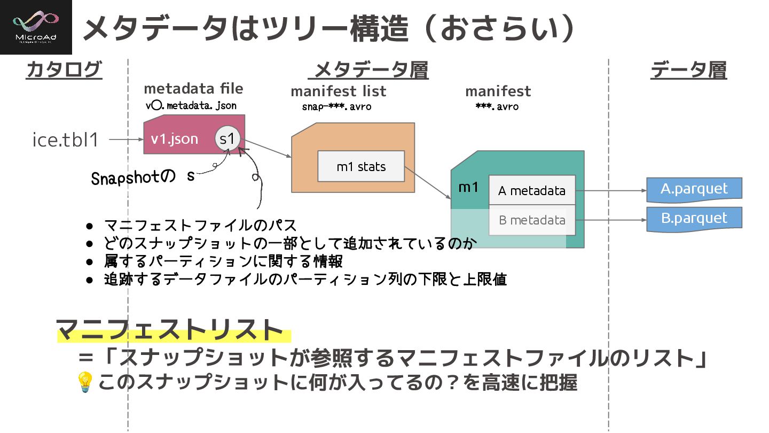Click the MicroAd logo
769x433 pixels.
36,27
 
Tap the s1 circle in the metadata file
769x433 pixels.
228,139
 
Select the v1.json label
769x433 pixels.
174,139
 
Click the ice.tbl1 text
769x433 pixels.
66,140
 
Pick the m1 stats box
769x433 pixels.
361,166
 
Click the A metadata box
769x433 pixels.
532,190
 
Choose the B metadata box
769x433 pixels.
532,220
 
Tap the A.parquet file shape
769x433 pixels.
694,189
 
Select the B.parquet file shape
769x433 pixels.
694,219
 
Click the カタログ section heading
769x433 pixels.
64,70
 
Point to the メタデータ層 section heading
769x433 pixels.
371,70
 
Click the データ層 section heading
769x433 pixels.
688,70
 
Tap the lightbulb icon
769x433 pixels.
85,382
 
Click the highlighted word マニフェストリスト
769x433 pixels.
170,330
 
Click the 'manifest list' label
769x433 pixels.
338,91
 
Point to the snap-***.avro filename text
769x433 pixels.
336,106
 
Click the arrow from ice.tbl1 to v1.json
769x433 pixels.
125,140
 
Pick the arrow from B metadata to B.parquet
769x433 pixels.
611,220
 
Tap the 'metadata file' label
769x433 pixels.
193,89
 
